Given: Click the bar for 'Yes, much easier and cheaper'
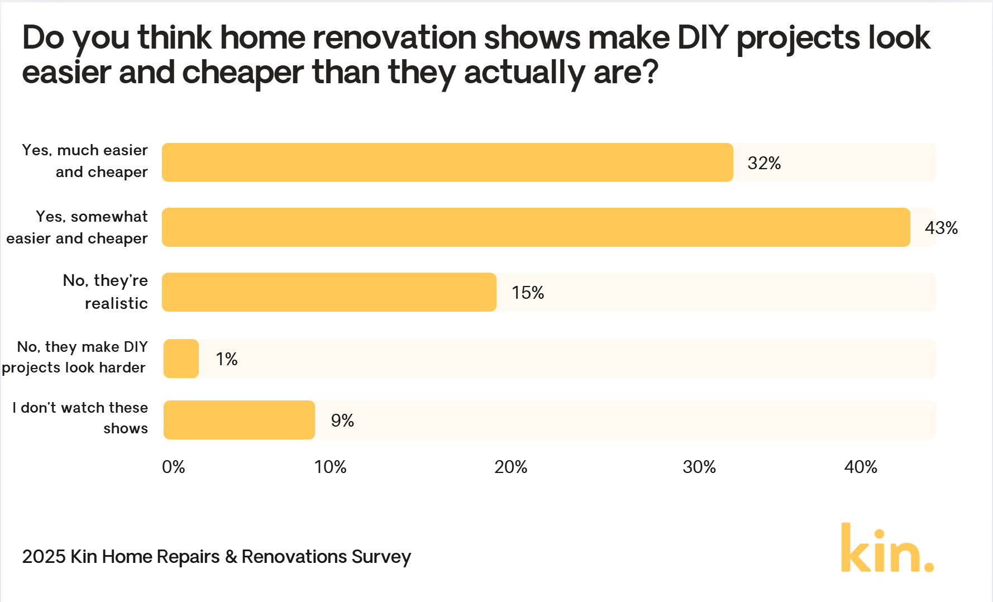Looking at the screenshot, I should point(447,163).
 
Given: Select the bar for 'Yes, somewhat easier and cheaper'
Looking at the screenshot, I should point(536,227).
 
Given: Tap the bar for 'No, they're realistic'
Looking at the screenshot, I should point(329,292).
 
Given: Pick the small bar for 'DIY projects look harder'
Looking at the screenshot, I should point(181,359).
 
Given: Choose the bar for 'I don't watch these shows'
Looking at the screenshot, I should point(239,420).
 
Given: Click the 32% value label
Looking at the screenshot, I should point(764,163).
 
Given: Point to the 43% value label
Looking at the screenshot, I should point(941,228).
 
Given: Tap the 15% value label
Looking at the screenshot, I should point(528,293).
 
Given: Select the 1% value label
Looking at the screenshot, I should point(227,359).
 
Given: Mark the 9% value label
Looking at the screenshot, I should point(342,421).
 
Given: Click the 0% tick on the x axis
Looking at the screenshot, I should point(173,467).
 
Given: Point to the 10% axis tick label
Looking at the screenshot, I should point(330,467).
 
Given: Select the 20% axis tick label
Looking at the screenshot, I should point(510,467).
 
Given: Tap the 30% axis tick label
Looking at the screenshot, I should point(699,467).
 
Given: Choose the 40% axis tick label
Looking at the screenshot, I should point(861,467).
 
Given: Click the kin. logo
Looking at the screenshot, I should point(887,548).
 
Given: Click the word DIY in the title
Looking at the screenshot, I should point(703,38).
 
